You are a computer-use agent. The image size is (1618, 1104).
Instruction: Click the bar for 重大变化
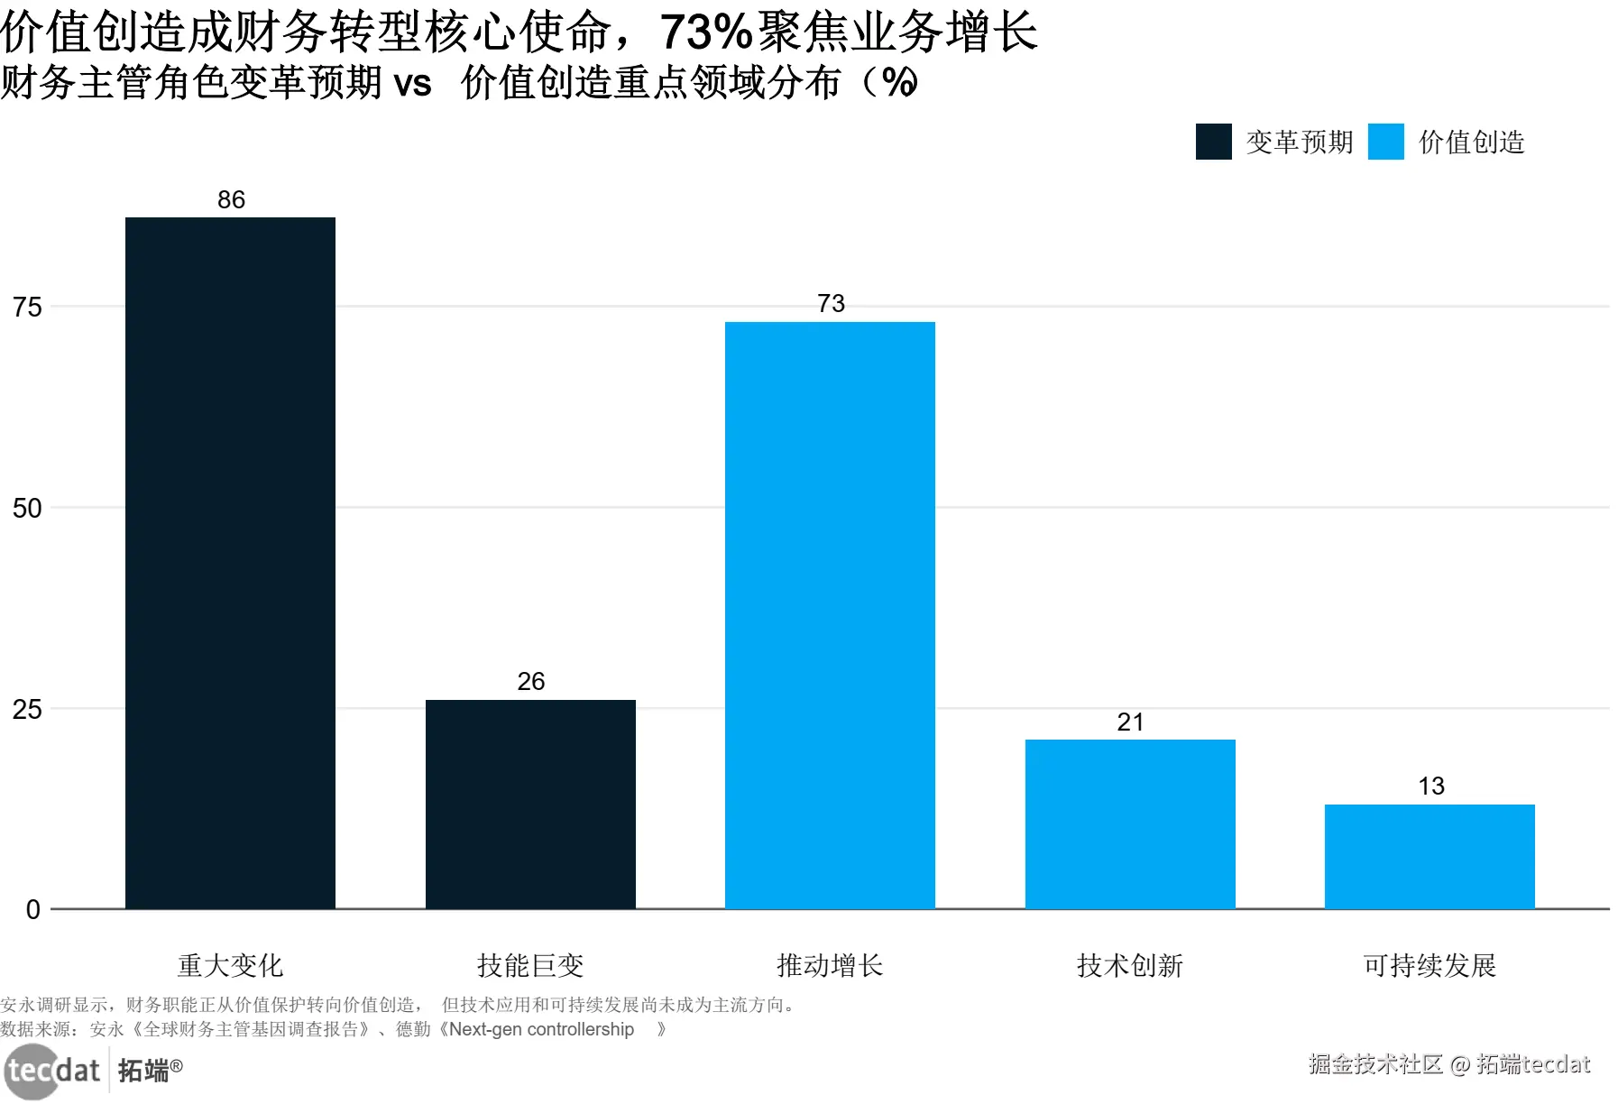[x=230, y=563]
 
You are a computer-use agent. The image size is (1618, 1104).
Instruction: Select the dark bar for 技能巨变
[x=530, y=804]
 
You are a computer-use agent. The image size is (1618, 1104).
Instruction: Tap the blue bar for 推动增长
[x=830, y=615]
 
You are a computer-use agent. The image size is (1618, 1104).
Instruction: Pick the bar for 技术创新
[x=1130, y=823]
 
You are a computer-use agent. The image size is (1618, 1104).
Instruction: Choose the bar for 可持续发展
[x=1430, y=856]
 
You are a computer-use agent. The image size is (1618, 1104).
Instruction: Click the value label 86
[x=231, y=199]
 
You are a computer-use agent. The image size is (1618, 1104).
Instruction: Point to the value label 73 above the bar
[x=831, y=303]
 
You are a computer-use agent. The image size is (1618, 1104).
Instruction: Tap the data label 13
[x=1430, y=786]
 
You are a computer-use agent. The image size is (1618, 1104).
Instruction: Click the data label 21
[x=1130, y=722]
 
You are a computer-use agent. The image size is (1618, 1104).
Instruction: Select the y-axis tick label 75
[x=27, y=307]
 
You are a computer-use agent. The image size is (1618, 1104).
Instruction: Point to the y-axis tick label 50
[x=27, y=508]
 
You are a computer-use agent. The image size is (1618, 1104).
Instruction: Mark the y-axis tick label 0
[x=33, y=909]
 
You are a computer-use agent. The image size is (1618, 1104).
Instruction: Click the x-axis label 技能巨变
[x=530, y=965]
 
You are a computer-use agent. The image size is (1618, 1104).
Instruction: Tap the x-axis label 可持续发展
[x=1430, y=965]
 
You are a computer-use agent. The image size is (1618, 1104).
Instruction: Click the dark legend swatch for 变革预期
[x=1213, y=142]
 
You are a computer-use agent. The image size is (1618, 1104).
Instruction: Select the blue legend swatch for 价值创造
[x=1385, y=142]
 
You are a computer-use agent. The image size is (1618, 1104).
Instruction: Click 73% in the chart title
[x=705, y=32]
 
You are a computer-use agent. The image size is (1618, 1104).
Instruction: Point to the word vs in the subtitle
[x=413, y=83]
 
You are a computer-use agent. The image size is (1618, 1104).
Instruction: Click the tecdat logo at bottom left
[x=52, y=1071]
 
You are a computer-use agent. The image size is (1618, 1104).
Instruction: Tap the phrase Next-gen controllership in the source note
[x=541, y=1029]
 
